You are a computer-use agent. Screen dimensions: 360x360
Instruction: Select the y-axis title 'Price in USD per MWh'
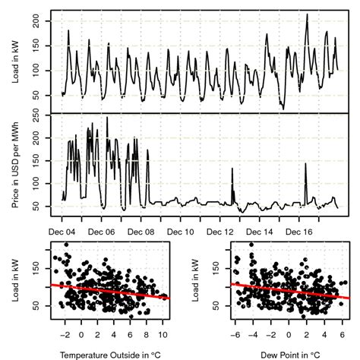pyautogui.click(x=16, y=164)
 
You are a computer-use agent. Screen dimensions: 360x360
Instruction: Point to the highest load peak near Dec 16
pyautogui.click(x=307, y=15)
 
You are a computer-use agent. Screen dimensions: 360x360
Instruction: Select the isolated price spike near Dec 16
pyautogui.click(x=305, y=165)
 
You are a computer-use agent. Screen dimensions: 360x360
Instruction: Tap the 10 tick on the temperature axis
pyautogui.click(x=163, y=333)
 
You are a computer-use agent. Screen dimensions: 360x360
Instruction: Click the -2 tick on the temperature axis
pyautogui.click(x=65, y=333)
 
